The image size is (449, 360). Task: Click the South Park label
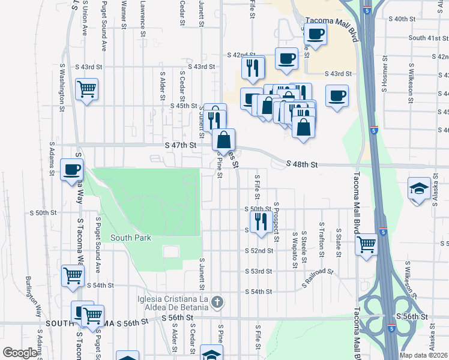tap(130, 238)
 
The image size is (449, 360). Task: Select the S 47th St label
tap(181, 145)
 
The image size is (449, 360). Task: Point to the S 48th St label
tap(301, 163)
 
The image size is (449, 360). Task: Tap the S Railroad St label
tap(318, 272)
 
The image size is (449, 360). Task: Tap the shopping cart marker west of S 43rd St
tap(87, 90)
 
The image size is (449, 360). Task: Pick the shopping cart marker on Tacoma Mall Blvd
tap(366, 245)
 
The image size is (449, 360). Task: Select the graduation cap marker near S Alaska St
tap(419, 188)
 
